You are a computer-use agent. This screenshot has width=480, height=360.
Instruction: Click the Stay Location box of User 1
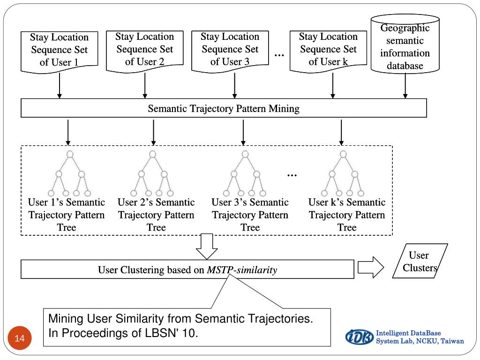[x=59, y=50]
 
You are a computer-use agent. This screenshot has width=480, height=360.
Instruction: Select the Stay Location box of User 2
[x=144, y=49]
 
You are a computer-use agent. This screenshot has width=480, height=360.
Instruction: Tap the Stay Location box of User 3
[x=230, y=49]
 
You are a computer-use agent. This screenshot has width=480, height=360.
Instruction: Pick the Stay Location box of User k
[x=328, y=49]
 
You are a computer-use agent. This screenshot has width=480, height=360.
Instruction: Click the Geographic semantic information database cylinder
[x=405, y=47]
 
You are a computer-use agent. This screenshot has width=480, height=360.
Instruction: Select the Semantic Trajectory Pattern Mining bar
[x=224, y=109]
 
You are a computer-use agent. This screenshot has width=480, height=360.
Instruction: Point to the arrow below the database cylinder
[x=405, y=85]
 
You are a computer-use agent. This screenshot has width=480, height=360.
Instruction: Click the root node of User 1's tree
[x=70, y=154]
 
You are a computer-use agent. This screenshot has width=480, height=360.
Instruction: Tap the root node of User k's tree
[x=344, y=154]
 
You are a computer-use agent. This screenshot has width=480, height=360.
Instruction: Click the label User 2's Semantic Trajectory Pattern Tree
[x=156, y=215]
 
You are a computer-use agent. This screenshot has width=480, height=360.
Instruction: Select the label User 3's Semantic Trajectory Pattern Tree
[x=250, y=215]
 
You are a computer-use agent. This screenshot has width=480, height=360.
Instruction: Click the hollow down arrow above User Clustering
[x=207, y=246]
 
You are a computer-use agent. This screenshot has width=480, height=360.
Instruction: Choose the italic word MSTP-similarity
[x=242, y=270]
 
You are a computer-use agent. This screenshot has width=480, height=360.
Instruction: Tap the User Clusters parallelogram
[x=419, y=262]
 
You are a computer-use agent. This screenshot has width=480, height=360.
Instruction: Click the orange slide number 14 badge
[x=19, y=338]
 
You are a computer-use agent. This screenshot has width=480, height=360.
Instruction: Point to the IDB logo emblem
[x=360, y=337]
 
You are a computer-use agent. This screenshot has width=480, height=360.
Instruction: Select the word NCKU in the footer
[x=424, y=341]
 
